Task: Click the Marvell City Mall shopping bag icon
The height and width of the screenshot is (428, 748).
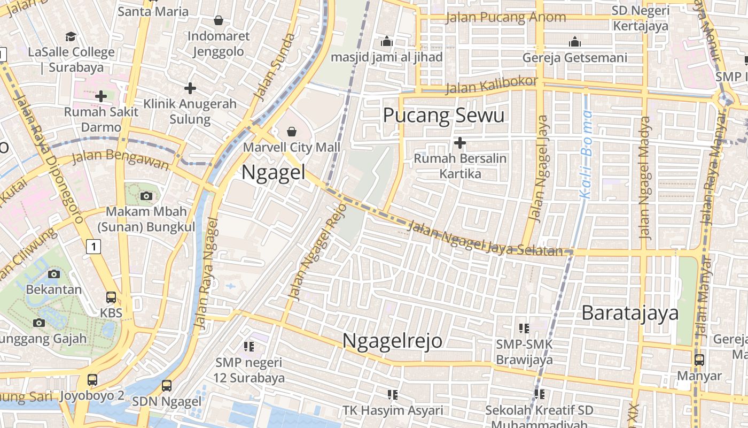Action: click(x=292, y=131)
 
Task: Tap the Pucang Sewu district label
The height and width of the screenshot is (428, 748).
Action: click(x=443, y=115)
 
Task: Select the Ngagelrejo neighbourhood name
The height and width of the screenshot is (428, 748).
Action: click(x=392, y=340)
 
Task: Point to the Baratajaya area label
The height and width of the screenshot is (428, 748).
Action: click(x=630, y=312)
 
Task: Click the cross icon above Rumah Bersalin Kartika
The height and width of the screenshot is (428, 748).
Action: click(x=459, y=143)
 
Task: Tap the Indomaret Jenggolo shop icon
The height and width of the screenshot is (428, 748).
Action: click(x=218, y=21)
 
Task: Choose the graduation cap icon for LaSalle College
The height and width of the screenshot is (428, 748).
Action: click(x=71, y=36)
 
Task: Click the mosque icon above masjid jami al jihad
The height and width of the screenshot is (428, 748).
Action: click(x=387, y=41)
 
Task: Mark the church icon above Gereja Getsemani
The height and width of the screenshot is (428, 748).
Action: click(x=575, y=41)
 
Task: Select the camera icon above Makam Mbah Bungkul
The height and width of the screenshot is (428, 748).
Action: click(x=146, y=196)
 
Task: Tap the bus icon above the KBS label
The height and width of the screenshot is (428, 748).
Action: click(x=111, y=297)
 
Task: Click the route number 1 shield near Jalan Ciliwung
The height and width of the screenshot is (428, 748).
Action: click(x=93, y=247)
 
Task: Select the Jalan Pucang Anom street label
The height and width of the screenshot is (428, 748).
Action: click(x=505, y=17)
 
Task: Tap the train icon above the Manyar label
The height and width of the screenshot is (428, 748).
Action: click(x=699, y=360)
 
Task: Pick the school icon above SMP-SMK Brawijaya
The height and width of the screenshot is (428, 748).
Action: click(x=524, y=328)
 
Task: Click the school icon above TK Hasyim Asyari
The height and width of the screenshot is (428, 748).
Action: click(x=393, y=395)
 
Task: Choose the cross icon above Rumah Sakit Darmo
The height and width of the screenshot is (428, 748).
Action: click(x=101, y=96)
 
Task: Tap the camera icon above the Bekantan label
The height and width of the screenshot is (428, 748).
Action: click(x=53, y=274)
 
